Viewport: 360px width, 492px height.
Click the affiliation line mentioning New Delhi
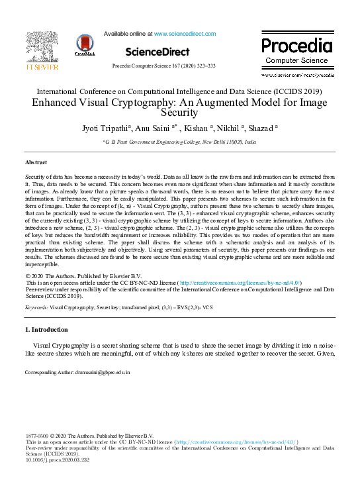coord(179,142)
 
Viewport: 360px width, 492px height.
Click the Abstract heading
coord(36,162)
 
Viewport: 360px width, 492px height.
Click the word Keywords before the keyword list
coord(36,308)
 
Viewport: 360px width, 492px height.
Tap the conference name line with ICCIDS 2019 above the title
coord(179,91)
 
